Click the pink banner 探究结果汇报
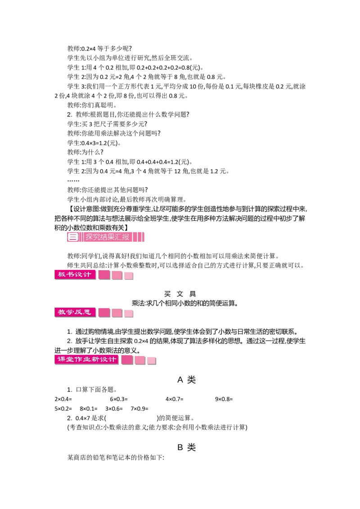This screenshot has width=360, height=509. click(106, 237)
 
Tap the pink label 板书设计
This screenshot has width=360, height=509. click(75, 275)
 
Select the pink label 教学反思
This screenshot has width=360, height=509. click(75, 313)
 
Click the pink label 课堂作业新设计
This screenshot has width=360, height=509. click(87, 359)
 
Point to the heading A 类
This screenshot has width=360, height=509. click(186, 380)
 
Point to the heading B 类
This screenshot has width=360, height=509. click(186, 447)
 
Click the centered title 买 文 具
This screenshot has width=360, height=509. click(180, 294)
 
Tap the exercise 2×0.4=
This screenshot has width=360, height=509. click(63, 399)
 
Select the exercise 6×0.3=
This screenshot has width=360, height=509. click(119, 399)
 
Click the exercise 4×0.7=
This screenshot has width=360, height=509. click(175, 399)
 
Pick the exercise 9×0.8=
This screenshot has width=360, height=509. click(224, 399)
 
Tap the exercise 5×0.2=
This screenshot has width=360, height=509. click(63, 409)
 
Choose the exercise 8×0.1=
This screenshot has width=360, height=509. click(89, 409)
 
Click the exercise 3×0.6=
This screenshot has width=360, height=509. click(114, 409)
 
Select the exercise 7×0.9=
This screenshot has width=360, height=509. click(139, 409)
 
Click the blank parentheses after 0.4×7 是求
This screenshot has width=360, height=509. click(132, 418)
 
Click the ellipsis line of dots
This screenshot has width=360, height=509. click(73, 180)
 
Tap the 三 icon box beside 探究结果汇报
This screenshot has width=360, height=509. click(73, 237)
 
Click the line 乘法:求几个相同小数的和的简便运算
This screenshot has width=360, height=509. click(185, 304)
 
